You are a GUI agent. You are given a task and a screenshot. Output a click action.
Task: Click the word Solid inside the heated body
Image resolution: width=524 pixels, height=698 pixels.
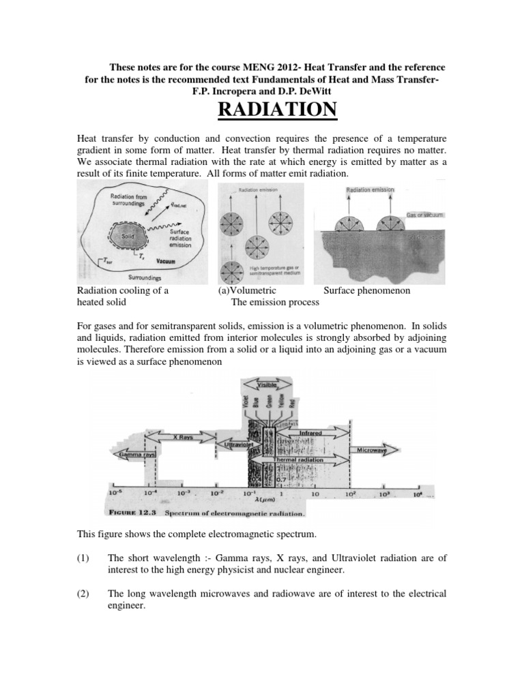pos(121,235)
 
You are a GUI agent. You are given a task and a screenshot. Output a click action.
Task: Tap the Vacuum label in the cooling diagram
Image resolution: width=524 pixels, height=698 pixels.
pos(166,261)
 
